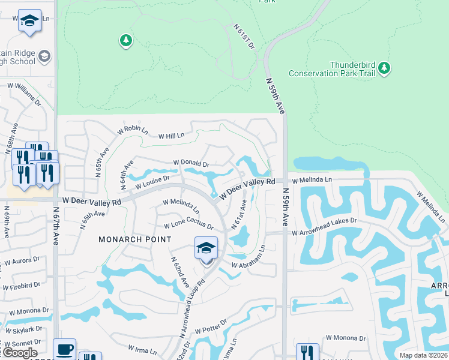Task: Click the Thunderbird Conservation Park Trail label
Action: pos(332,69)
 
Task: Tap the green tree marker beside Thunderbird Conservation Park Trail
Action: pos(384,68)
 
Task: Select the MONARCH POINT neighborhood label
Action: pos(135,239)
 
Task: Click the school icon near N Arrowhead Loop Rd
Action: pos(206,248)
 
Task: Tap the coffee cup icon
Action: pos(64,349)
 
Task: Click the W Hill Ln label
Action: pos(171,136)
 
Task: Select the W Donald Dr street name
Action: pos(191,163)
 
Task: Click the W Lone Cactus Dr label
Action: pos(188,226)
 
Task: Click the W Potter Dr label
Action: pos(209,326)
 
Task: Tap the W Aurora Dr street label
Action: pos(22,261)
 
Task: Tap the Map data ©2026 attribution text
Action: pos(423,355)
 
